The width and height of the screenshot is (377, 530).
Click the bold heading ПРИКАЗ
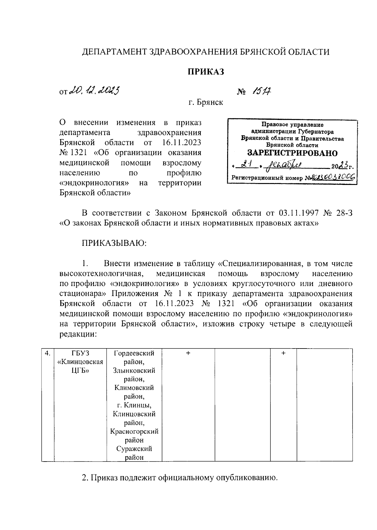(206, 72)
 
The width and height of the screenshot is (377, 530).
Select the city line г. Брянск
(206, 102)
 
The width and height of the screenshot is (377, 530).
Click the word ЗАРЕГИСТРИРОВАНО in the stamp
(292, 153)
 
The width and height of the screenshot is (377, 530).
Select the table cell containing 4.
(48, 353)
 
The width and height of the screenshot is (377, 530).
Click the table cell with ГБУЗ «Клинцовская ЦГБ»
(80, 362)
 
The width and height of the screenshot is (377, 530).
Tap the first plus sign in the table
(188, 353)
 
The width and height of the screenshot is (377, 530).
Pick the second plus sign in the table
(283, 353)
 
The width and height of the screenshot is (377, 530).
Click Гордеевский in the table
(134, 353)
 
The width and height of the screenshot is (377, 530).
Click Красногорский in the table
(134, 431)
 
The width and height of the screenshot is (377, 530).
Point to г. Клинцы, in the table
(134, 405)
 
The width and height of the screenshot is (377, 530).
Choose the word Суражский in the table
(134, 449)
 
